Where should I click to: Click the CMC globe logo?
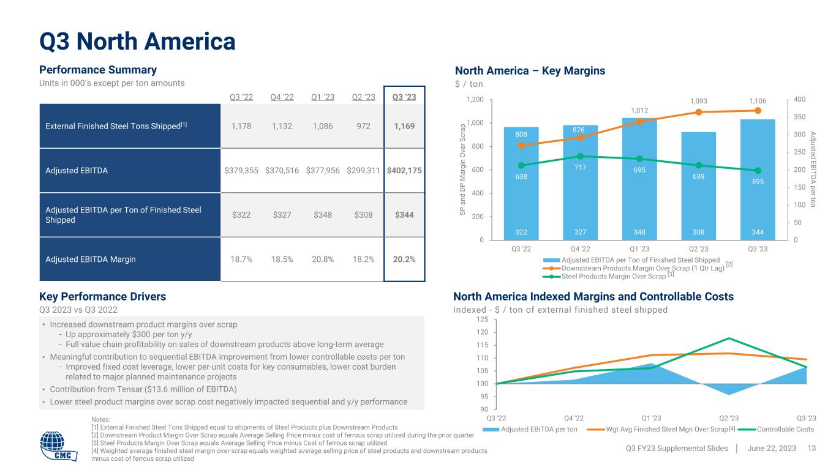(x=61, y=446)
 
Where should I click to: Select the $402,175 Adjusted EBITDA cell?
(x=404, y=171)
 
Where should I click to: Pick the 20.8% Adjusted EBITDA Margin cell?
(x=323, y=259)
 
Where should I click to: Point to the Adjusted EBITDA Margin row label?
(x=91, y=259)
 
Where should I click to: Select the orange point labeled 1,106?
(x=758, y=111)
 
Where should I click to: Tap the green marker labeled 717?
(x=580, y=156)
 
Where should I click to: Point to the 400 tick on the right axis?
(x=800, y=100)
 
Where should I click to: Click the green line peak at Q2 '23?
(x=729, y=338)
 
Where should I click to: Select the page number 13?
(x=812, y=449)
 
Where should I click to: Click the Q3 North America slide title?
(x=138, y=42)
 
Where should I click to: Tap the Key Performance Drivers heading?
(x=103, y=297)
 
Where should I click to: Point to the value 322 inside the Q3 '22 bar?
(x=521, y=233)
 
